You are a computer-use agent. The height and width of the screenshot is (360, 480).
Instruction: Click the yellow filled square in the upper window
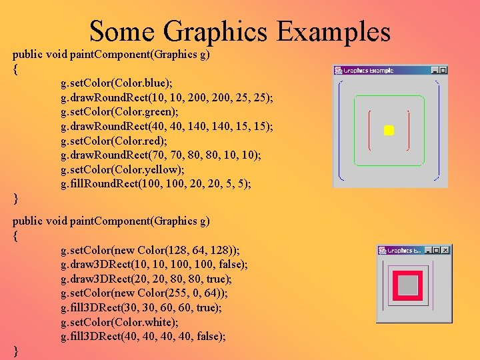(389, 131)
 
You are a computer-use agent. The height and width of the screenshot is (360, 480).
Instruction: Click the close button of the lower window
(446, 250)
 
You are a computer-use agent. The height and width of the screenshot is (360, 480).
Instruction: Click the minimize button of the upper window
(435, 70)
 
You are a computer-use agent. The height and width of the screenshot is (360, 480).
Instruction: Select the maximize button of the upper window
(443, 70)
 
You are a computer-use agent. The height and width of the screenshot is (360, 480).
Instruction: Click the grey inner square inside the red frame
(409, 285)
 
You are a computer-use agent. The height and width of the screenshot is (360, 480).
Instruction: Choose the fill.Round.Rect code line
(156, 183)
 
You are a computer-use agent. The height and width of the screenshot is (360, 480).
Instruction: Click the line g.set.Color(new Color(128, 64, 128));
(150, 250)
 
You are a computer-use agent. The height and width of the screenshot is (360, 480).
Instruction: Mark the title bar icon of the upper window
(338, 70)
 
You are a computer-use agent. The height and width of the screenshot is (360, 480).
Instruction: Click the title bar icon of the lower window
(383, 250)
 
